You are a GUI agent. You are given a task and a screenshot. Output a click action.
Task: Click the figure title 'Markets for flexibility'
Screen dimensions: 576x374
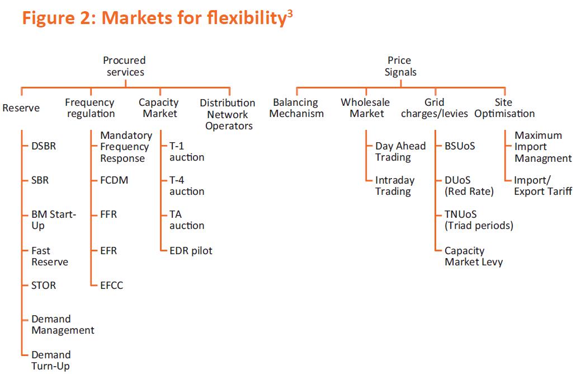(x=193, y=18)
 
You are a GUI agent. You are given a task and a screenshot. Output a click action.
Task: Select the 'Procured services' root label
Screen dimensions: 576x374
(x=125, y=66)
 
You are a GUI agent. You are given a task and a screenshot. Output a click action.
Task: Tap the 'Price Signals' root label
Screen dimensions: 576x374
(x=400, y=66)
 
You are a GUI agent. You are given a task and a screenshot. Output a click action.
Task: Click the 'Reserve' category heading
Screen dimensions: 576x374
(x=21, y=108)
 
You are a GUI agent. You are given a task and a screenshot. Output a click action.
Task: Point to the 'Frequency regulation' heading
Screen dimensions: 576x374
(x=90, y=107)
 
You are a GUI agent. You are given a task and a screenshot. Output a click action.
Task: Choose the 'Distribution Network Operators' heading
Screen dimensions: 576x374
(x=228, y=114)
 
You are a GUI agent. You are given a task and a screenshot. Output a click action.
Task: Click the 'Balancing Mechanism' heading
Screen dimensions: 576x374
(x=296, y=107)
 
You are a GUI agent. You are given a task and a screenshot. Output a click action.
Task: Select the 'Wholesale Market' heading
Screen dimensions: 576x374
(x=366, y=107)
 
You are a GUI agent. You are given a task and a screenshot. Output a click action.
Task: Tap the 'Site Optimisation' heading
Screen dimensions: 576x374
(x=504, y=107)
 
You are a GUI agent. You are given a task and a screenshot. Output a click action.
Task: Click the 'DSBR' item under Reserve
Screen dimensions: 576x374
(x=44, y=146)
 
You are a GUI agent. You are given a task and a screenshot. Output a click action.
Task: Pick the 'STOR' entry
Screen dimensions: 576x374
(x=44, y=286)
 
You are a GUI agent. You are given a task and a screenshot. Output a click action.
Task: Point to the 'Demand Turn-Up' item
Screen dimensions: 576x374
(x=51, y=361)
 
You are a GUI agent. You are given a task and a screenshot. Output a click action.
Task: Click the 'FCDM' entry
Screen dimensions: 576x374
(x=114, y=180)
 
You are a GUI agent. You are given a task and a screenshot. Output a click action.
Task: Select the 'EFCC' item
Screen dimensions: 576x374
(x=112, y=286)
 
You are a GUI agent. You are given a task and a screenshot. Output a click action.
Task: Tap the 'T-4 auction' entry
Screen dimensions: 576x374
(x=187, y=186)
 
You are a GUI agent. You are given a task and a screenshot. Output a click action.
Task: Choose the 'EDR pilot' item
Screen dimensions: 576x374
(x=191, y=251)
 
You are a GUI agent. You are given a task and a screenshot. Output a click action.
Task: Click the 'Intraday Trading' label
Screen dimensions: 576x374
(x=395, y=186)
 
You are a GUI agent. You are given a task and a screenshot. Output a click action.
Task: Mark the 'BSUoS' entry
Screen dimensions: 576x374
(x=460, y=146)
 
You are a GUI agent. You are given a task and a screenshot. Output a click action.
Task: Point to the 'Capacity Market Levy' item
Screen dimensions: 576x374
(x=474, y=256)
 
